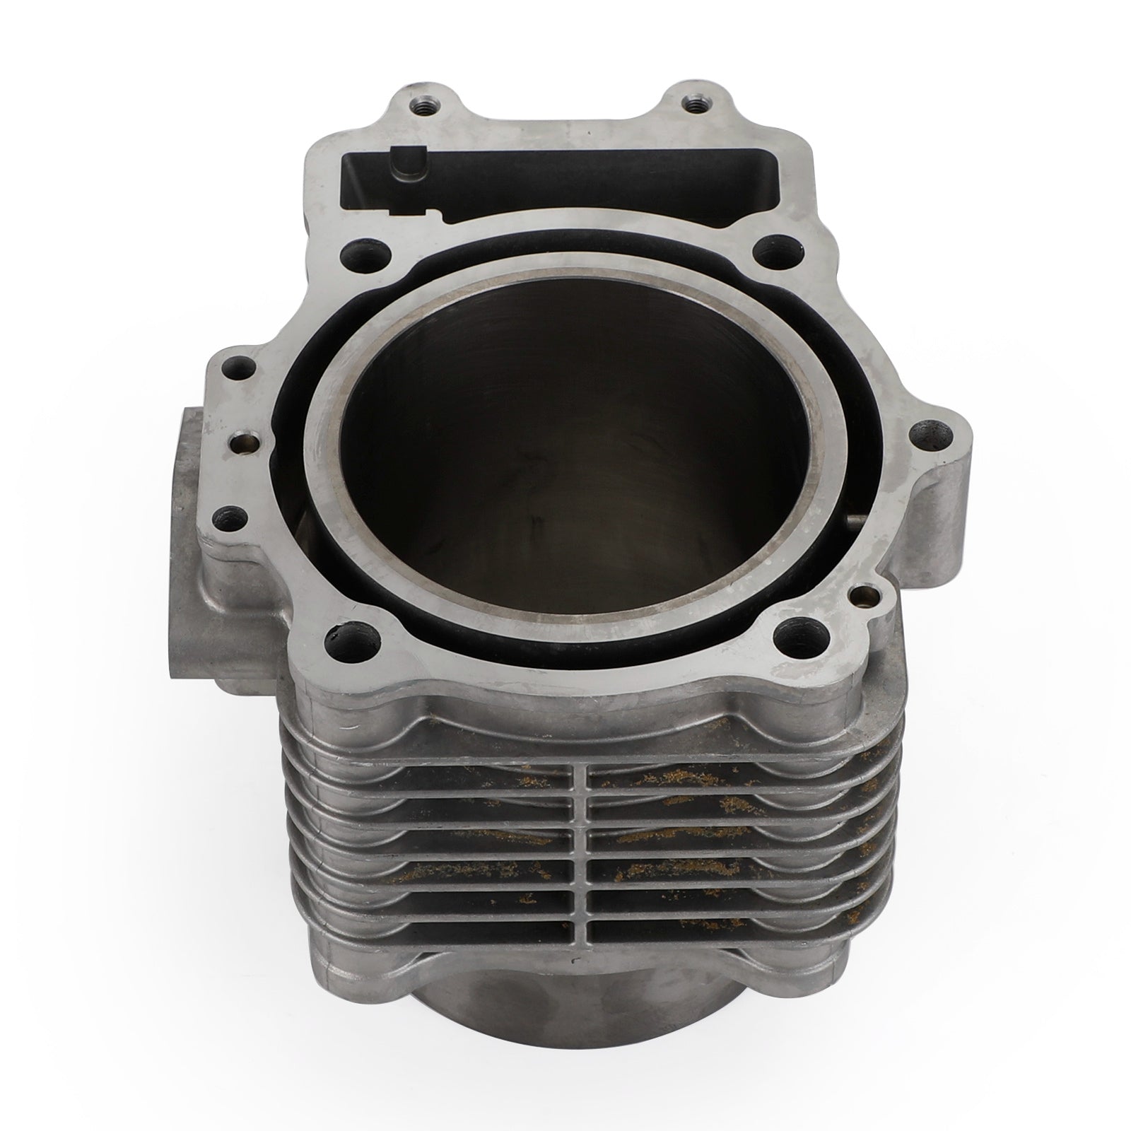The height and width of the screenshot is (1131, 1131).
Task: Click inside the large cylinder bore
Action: [x=565, y=452]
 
